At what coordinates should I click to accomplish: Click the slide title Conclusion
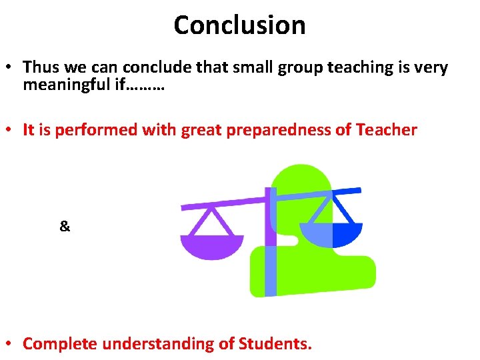[239, 25]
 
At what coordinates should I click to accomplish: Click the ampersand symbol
[65, 227]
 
